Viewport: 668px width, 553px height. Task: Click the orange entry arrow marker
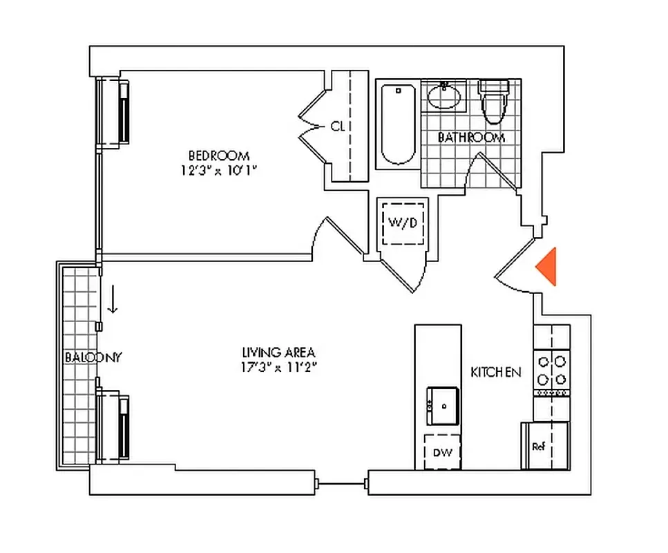[548, 266]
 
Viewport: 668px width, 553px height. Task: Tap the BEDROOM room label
[218, 156]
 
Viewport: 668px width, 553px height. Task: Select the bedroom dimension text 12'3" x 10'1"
[218, 169]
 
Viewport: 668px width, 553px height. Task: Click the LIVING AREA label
[274, 353]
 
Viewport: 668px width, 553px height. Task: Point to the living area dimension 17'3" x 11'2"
[274, 368]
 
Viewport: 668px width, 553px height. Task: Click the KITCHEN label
[495, 373]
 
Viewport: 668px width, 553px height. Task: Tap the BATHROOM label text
[471, 138]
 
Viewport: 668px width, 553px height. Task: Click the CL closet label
[337, 126]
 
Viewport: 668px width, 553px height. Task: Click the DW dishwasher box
[442, 452]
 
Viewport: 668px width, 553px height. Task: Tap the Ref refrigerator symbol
[540, 446]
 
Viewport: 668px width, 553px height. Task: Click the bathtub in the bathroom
[397, 124]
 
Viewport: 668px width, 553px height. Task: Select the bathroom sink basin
[444, 97]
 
